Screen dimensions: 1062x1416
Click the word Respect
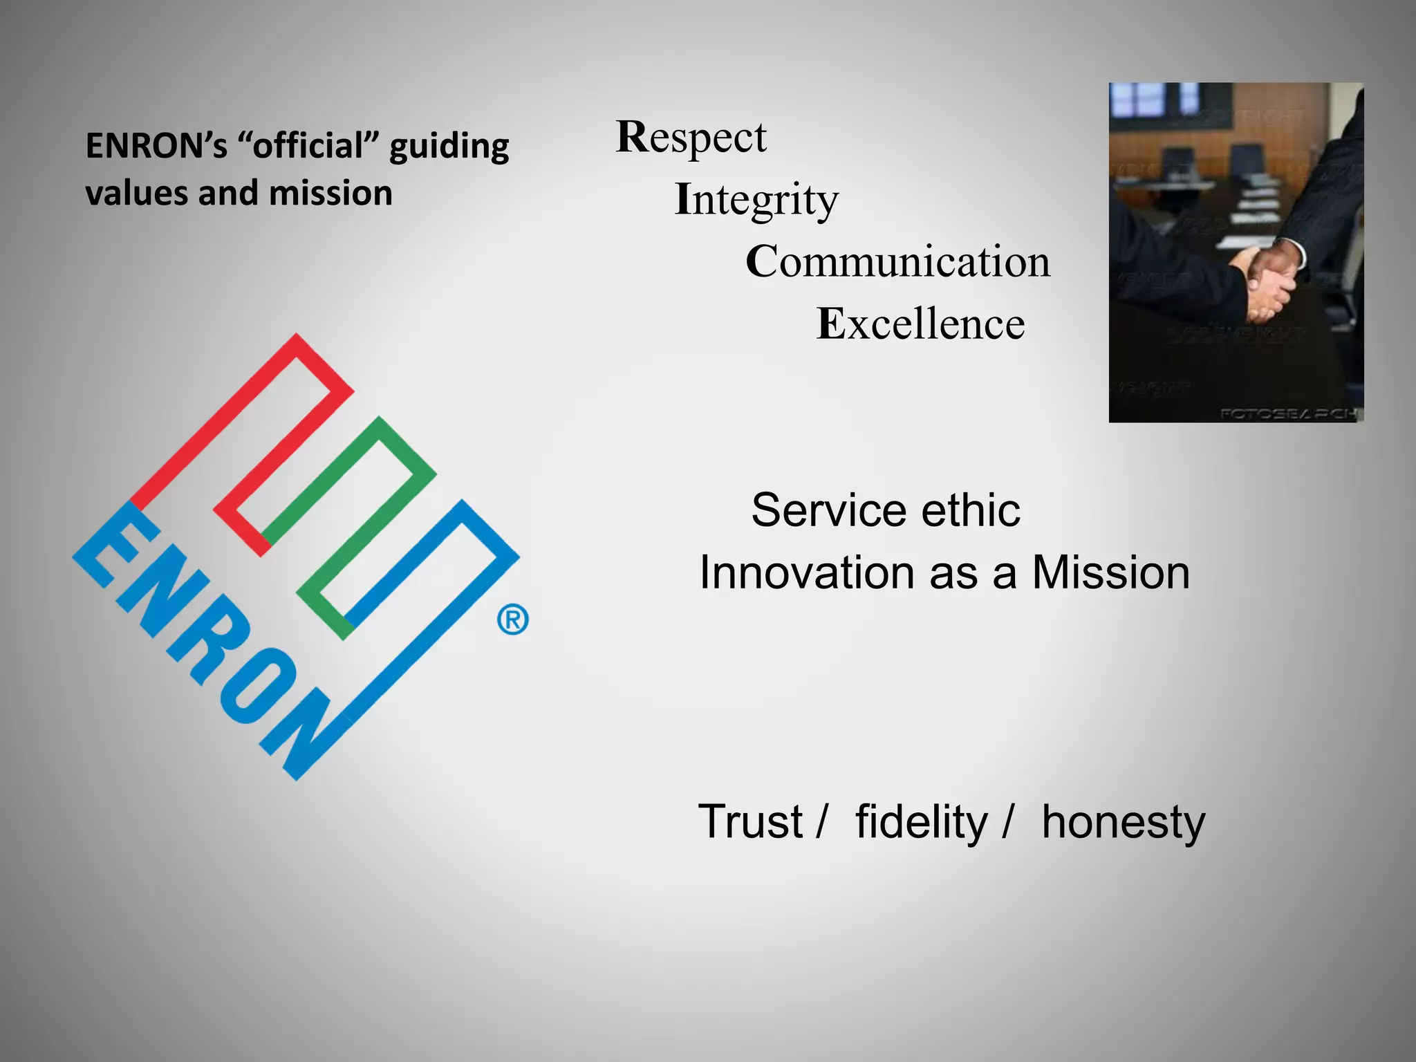point(691,138)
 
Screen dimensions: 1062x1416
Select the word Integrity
point(756,201)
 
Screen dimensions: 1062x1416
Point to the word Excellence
point(920,324)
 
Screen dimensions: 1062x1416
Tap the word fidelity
point(922,823)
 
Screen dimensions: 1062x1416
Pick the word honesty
point(1123,823)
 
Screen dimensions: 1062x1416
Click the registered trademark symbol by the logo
point(513,620)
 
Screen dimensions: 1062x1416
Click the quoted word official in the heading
point(308,146)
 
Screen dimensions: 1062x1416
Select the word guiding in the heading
point(449,147)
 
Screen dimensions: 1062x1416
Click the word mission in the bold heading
point(330,193)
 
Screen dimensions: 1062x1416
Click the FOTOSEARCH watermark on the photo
point(1287,414)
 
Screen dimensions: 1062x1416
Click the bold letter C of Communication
point(761,262)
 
